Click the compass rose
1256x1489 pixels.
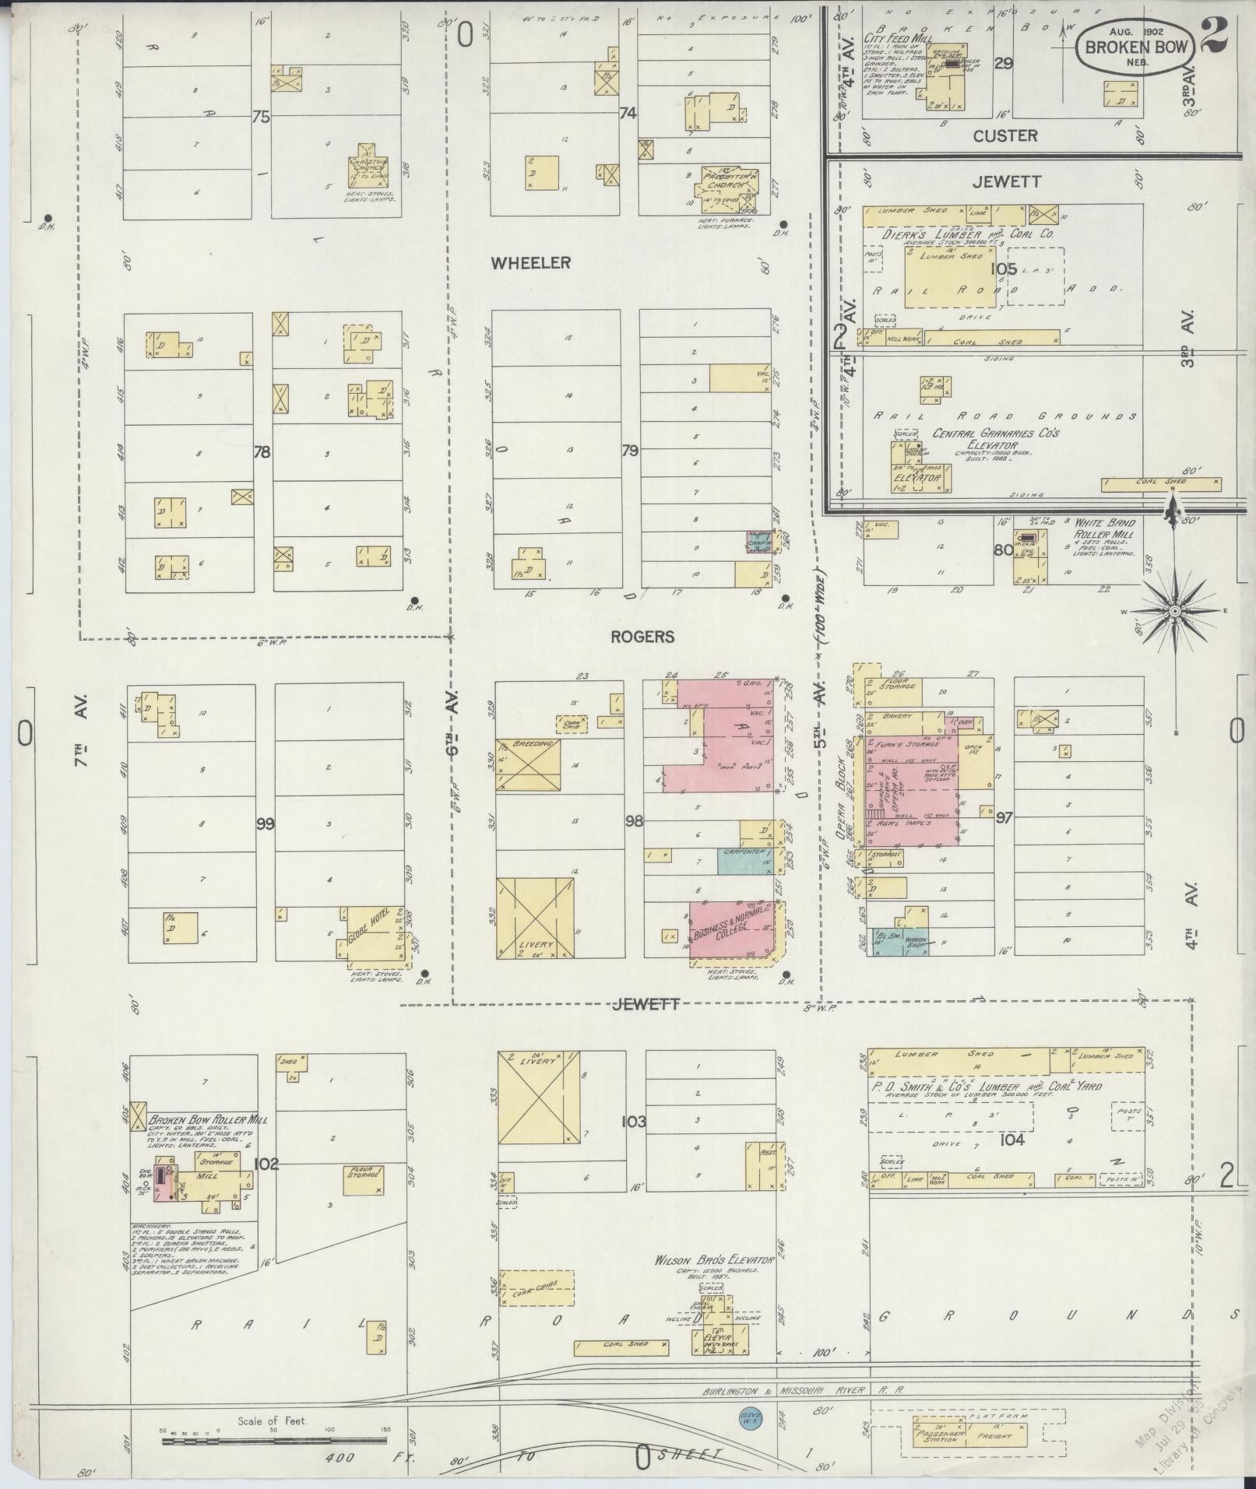[1173, 612]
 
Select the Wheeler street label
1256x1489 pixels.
[530, 263]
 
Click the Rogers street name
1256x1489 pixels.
[642, 637]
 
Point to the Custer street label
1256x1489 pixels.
[1005, 136]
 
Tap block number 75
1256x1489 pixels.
[261, 117]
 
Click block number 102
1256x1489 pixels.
[266, 1164]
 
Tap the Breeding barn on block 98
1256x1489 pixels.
[529, 765]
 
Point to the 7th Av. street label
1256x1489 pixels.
[80, 731]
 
